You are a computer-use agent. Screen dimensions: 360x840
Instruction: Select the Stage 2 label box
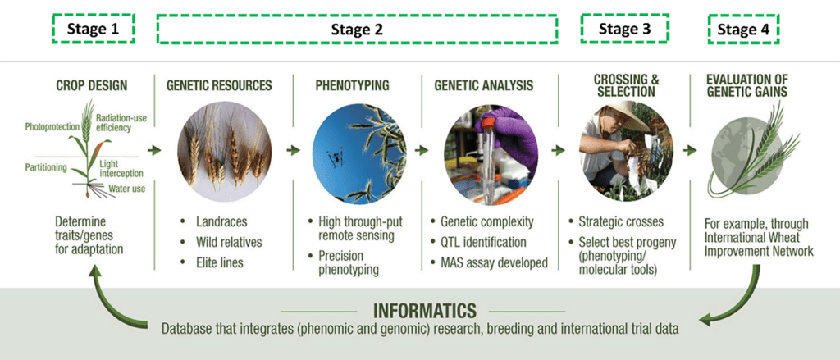pyautogui.click(x=357, y=30)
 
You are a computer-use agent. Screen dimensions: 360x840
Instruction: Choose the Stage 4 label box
pyautogui.click(x=743, y=30)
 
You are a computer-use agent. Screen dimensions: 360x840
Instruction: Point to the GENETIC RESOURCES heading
pyautogui.click(x=219, y=84)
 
